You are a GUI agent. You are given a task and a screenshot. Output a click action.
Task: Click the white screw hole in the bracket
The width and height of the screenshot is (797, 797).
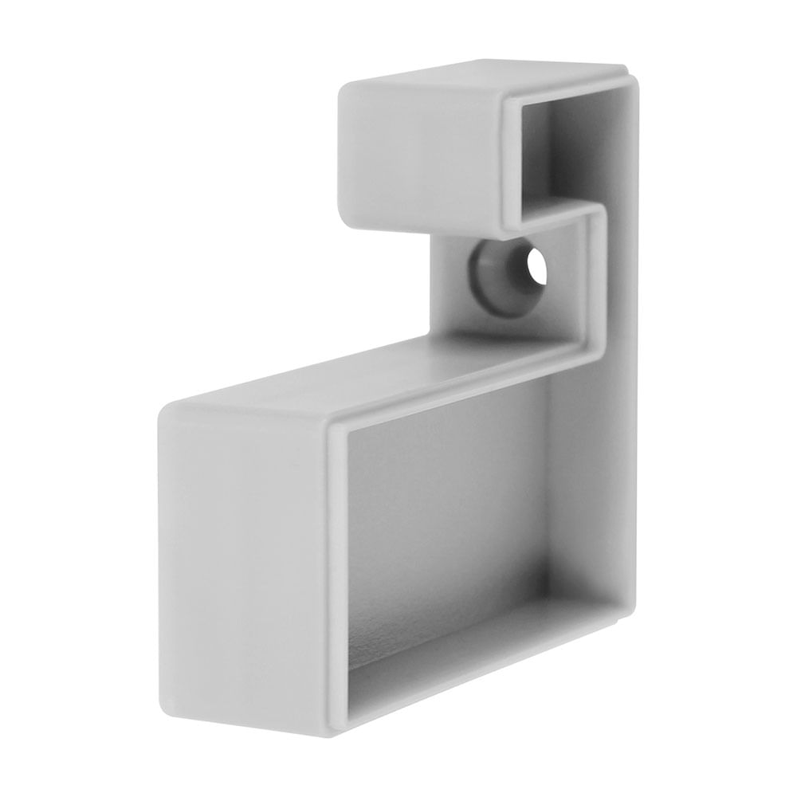[x=537, y=268]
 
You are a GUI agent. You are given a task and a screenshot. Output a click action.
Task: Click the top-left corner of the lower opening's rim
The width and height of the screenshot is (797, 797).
[x=335, y=426]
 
